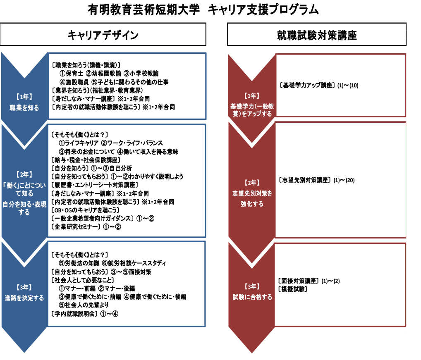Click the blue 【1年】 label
click(x=24, y=97)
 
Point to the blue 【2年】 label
click(x=24, y=174)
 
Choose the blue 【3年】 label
click(x=24, y=287)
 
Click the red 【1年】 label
click(x=252, y=96)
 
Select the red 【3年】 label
click(x=252, y=286)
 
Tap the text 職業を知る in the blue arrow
click(x=24, y=108)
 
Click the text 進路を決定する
click(x=24, y=298)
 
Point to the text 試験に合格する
click(x=252, y=297)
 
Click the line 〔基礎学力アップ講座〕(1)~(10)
click(x=319, y=85)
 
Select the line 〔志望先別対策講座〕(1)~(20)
click(x=316, y=180)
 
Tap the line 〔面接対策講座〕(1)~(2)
click(x=309, y=281)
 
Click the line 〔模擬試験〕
click(x=293, y=289)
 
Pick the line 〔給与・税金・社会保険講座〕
click(x=86, y=160)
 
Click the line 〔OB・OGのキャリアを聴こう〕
click(x=85, y=210)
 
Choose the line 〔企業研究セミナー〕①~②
click(x=86, y=226)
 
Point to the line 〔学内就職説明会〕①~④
click(x=85, y=314)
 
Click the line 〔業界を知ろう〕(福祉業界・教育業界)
click(x=97, y=91)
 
